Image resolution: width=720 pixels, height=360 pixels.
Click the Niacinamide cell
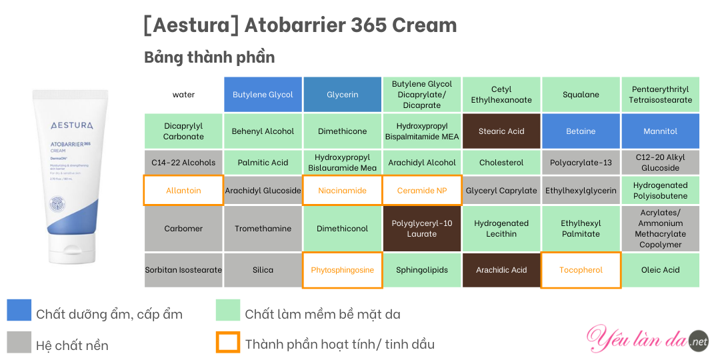point(343,190)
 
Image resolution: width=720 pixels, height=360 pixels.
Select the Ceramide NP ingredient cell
point(422,190)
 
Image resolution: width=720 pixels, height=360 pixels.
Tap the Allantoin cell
point(184,190)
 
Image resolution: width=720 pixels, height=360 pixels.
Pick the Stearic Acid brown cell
point(501,131)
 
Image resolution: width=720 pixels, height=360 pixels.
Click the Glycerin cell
point(343,95)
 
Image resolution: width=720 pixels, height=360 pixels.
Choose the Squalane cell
point(581,95)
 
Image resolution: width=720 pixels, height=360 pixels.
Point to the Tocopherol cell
point(581,270)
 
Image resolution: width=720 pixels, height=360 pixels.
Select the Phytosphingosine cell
point(343,270)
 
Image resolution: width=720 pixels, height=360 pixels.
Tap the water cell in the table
point(184,95)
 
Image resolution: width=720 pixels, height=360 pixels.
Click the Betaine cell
point(581,131)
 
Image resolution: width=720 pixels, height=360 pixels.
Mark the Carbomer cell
point(184,228)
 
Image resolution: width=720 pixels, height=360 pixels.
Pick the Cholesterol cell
point(501,163)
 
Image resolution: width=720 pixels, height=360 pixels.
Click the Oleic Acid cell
point(660,270)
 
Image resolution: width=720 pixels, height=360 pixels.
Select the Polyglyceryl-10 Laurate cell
point(422,228)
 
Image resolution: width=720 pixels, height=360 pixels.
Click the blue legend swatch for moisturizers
point(19,310)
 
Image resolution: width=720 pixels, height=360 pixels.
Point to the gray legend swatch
point(19,342)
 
